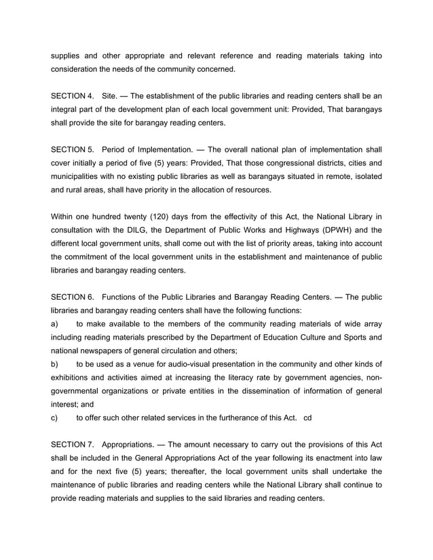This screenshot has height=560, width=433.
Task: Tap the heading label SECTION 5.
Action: pos(73,149)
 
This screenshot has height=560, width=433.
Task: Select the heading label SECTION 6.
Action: pos(73,296)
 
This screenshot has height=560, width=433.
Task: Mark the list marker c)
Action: pos(55,418)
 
